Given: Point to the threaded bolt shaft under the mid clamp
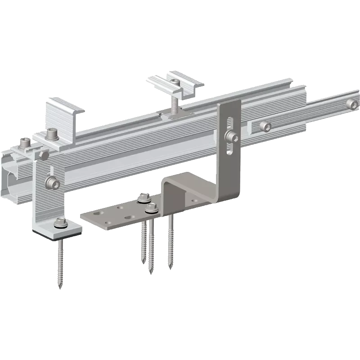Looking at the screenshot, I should coord(175,105).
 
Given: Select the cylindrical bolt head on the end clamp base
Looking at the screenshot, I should coord(51,134).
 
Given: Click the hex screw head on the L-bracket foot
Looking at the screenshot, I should coord(59,222).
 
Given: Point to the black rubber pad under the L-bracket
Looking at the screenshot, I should coord(58,235).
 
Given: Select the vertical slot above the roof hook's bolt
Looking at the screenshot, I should coord(230,122).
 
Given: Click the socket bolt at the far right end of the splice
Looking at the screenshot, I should coord(354,105).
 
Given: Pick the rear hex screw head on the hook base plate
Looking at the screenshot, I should coord(144,197).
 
